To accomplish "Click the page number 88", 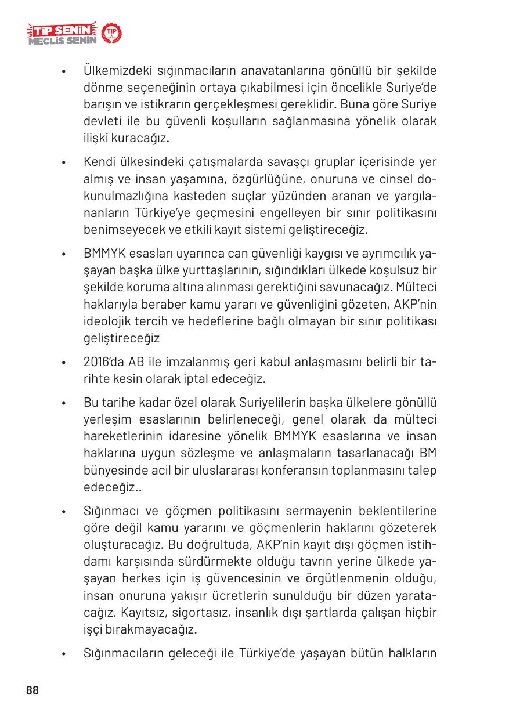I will click(x=32, y=690).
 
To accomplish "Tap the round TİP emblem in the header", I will click(x=111, y=34).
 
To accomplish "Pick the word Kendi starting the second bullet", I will click(x=99, y=161).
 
